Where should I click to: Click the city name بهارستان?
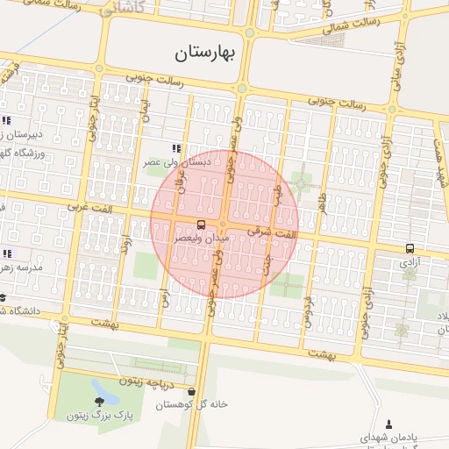click(206, 53)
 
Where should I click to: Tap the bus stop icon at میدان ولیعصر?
click(202, 224)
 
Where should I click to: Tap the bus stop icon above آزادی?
click(410, 248)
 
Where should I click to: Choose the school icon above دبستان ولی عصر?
click(175, 148)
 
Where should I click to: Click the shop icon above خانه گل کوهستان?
click(192, 391)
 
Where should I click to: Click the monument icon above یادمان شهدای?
click(388, 424)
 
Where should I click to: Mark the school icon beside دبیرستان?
click(6, 120)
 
